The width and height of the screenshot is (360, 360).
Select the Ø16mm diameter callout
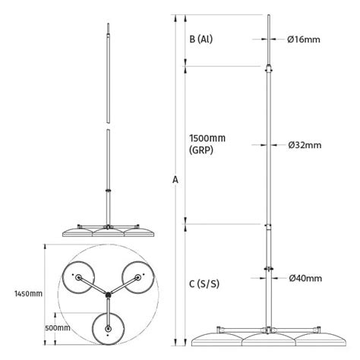pos(305,39)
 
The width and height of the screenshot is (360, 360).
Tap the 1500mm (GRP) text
pos(207,145)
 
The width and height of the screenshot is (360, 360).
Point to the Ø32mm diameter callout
pos(305,144)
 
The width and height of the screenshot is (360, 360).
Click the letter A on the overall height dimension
pos(176,180)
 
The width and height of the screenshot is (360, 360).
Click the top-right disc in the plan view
pos(138,276)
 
